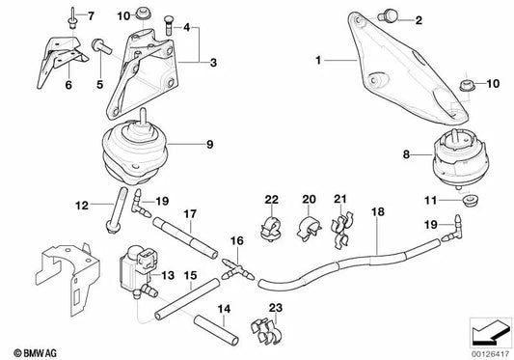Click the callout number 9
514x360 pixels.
pos(210,145)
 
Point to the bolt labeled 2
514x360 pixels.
pos(388,16)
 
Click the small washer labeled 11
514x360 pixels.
pos(469,201)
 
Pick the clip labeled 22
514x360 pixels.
pos(271,228)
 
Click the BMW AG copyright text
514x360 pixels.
pos(35,353)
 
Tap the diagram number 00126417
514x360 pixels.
pos(490,355)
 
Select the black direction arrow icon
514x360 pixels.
pos(491,334)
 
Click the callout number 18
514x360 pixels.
pos(378,212)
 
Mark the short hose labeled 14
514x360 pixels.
pos(216,329)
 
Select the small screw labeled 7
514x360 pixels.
pos(71,18)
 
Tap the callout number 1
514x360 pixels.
pos(318,61)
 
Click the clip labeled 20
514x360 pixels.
pos(309,228)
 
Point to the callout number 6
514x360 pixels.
pos(68,85)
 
